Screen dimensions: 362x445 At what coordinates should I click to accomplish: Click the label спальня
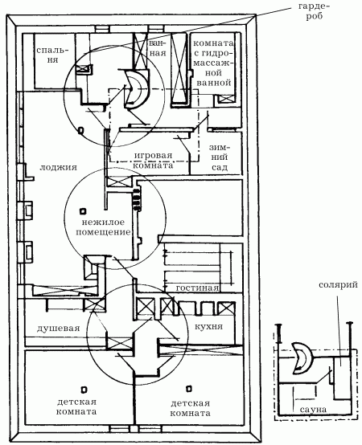tap(52, 55)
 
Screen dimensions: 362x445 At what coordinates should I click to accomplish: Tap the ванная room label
tap(157, 48)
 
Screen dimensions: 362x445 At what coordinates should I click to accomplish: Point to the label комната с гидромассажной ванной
tap(213, 63)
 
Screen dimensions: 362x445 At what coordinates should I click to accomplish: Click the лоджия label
tap(58, 167)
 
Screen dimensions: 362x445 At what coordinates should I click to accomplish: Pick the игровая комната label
tap(153, 161)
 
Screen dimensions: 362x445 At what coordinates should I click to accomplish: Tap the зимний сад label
tap(220, 157)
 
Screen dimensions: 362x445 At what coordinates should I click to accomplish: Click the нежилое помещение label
tap(104, 227)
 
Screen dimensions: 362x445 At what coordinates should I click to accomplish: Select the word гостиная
tap(197, 288)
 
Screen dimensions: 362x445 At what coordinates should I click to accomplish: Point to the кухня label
tap(208, 326)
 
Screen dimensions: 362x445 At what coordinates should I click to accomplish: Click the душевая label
tap(58, 329)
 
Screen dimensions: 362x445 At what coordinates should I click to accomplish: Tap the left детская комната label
tap(76, 406)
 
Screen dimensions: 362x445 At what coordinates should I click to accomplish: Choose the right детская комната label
tap(190, 408)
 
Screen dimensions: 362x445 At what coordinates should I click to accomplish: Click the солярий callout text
tap(338, 285)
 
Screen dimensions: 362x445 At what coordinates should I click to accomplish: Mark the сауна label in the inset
tap(313, 410)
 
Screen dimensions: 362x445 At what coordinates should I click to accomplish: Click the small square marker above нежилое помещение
tap(83, 211)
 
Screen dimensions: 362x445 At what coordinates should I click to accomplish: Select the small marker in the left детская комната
tap(84, 390)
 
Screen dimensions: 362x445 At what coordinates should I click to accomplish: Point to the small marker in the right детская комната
tap(189, 389)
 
